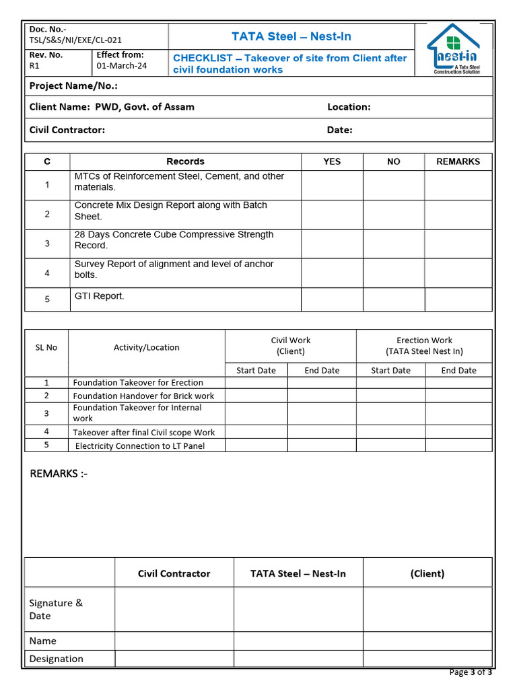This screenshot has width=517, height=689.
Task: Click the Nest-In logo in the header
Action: [x=453, y=50]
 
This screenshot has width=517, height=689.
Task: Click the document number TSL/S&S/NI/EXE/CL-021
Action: [x=75, y=40]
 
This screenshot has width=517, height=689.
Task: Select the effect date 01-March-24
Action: [x=122, y=66]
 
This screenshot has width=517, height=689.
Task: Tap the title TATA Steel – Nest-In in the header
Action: [x=291, y=36]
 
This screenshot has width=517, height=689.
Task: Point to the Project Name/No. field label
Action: [x=73, y=86]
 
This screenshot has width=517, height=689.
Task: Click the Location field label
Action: [x=349, y=107]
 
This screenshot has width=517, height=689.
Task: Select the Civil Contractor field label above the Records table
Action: [x=67, y=130]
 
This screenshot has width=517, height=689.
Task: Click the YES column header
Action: [x=332, y=161]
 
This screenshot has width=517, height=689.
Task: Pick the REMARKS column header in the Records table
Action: [x=458, y=161]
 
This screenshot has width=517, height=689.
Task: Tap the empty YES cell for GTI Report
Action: [x=332, y=299]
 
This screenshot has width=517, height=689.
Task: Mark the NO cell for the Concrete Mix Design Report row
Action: [x=394, y=215]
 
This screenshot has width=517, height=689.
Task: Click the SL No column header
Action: [x=46, y=348]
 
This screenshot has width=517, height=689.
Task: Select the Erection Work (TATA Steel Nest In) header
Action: [x=424, y=346]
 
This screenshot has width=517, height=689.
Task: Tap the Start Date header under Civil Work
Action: [x=256, y=371]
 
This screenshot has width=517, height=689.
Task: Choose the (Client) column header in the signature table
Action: [x=427, y=574]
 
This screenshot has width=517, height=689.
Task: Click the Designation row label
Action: [x=57, y=659]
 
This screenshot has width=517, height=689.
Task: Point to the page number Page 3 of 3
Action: [x=470, y=672]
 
